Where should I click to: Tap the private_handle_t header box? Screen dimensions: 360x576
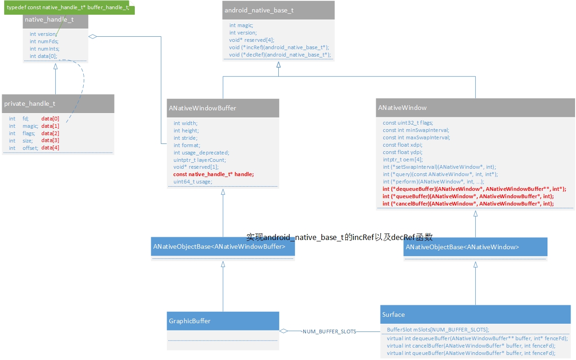(x=58, y=104)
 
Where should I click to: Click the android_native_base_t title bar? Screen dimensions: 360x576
(x=278, y=10)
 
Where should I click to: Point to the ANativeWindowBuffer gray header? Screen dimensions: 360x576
(x=223, y=108)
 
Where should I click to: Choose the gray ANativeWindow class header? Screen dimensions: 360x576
(x=476, y=108)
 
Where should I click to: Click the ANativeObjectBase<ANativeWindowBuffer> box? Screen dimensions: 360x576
(x=223, y=247)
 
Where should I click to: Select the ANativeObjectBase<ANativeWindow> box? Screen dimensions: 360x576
(x=475, y=247)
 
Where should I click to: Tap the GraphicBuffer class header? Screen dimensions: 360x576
(x=223, y=321)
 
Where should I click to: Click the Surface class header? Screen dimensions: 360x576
(x=475, y=314)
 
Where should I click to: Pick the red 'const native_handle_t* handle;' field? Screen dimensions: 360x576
(x=213, y=174)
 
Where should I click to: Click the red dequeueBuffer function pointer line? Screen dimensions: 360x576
(x=474, y=189)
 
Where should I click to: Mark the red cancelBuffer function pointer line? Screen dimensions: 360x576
(x=468, y=204)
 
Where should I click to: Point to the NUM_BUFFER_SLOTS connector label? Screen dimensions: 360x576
(x=329, y=331)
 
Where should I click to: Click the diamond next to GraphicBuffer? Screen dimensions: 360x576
(x=284, y=331)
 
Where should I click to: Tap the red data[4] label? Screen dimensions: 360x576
(x=50, y=148)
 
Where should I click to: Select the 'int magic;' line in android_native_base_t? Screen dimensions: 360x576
(x=241, y=25)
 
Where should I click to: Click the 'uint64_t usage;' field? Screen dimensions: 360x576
(x=193, y=182)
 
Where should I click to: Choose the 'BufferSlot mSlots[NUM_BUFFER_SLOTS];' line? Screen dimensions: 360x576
(x=438, y=330)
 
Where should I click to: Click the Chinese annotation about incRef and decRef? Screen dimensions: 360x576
(x=340, y=237)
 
